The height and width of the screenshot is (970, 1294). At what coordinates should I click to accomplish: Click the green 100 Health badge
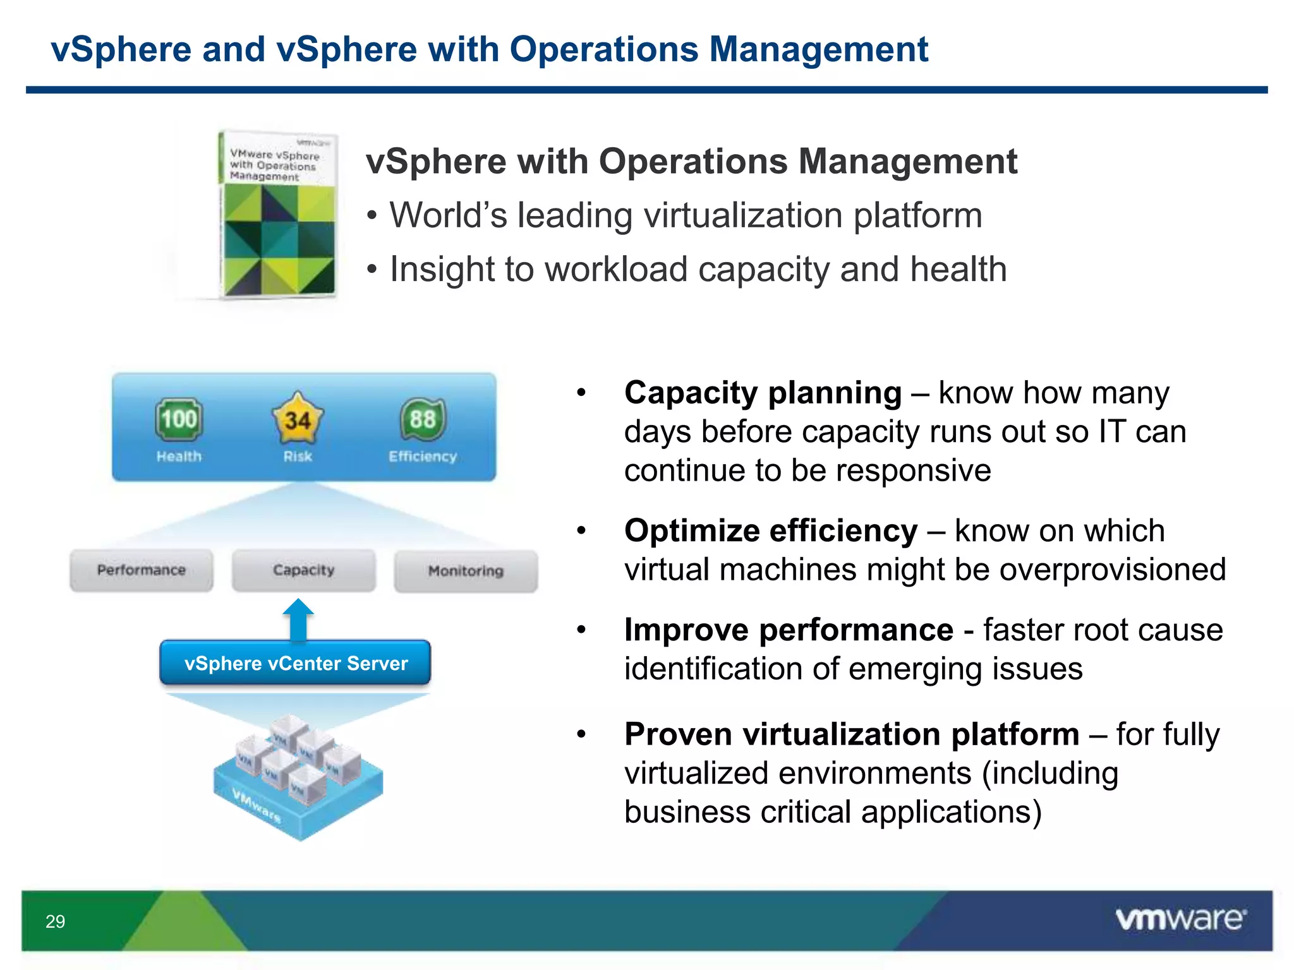tap(179, 419)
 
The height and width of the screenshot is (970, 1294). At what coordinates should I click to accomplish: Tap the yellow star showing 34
tap(297, 419)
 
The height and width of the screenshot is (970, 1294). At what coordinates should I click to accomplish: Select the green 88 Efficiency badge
tap(423, 419)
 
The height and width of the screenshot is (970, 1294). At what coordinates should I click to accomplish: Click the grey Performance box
tap(142, 570)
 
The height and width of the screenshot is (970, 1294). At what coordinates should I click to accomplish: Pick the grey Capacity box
tap(304, 570)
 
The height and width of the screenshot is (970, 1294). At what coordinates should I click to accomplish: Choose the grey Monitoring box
tap(466, 571)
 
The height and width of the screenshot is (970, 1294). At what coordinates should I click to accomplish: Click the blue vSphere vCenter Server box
tap(296, 663)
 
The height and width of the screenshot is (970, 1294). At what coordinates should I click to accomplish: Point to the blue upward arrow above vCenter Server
tap(298, 619)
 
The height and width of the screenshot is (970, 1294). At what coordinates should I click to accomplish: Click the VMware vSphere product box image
tap(278, 215)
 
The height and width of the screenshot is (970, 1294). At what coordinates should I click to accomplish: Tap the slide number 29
tap(55, 921)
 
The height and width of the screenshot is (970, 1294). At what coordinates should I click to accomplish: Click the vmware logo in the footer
tap(1180, 919)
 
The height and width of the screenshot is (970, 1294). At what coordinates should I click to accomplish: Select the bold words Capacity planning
tap(763, 393)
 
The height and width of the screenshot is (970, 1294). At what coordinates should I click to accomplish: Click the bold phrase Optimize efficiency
tap(770, 530)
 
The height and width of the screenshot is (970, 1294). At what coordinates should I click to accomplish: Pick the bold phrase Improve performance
tap(789, 630)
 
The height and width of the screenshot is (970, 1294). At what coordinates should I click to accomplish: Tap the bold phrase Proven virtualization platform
tap(851, 734)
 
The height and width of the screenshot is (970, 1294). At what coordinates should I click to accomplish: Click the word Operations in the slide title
tap(604, 49)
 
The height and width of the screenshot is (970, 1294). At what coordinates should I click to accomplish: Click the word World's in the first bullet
tap(448, 215)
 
